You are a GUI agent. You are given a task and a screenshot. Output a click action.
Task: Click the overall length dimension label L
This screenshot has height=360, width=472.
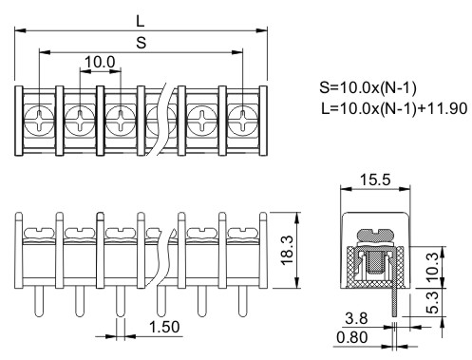[141, 21]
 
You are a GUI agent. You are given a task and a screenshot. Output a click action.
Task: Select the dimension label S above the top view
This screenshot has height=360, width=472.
[142, 43]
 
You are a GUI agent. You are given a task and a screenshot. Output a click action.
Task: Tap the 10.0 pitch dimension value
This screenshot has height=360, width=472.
[100, 62]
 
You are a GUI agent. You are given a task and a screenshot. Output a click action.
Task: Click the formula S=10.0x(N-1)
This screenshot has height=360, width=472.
[368, 87]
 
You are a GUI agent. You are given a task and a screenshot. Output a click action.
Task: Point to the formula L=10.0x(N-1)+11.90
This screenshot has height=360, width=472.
[394, 108]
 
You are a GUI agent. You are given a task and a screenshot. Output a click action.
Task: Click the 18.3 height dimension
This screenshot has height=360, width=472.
[288, 250]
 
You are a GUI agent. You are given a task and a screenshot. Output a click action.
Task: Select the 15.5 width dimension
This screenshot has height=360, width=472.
[375, 180]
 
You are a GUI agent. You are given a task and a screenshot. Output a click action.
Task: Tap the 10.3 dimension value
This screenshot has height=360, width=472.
[432, 267]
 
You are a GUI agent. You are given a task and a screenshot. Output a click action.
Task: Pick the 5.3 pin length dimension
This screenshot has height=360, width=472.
[432, 302]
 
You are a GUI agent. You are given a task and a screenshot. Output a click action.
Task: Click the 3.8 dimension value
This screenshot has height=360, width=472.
[356, 318]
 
